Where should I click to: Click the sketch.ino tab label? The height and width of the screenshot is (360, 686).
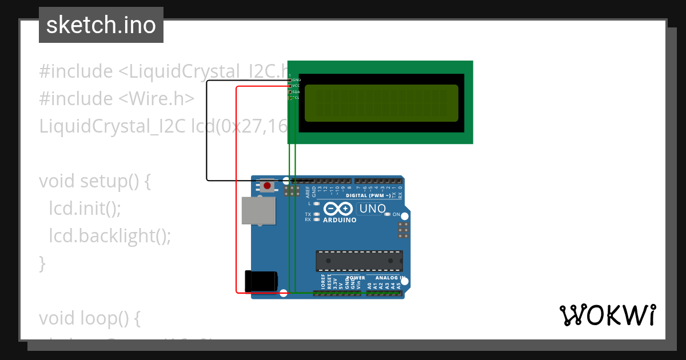[x=101, y=25]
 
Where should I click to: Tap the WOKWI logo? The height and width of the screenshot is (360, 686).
[x=608, y=315]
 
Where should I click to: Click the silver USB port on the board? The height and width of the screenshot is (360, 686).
[x=258, y=210]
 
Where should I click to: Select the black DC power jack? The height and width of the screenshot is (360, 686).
[x=261, y=281]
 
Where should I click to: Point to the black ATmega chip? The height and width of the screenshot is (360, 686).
[x=359, y=261]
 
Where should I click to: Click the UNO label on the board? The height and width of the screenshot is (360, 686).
[x=373, y=209]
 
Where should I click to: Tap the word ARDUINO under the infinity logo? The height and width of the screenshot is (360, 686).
[x=340, y=220]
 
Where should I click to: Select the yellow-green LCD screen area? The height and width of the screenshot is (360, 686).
[x=381, y=103]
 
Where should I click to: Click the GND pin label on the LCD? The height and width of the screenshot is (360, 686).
[x=297, y=79]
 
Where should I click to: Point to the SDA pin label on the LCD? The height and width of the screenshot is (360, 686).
[x=296, y=91]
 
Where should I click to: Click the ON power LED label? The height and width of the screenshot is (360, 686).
[x=396, y=214]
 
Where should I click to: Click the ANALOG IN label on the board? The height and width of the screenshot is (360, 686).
[x=390, y=278]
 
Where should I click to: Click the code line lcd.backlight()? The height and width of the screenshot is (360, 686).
[x=110, y=235]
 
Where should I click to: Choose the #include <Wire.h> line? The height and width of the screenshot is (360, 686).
[x=117, y=98]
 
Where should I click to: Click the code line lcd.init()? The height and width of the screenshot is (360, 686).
[x=85, y=208]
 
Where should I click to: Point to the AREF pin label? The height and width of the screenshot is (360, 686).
[x=307, y=191]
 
